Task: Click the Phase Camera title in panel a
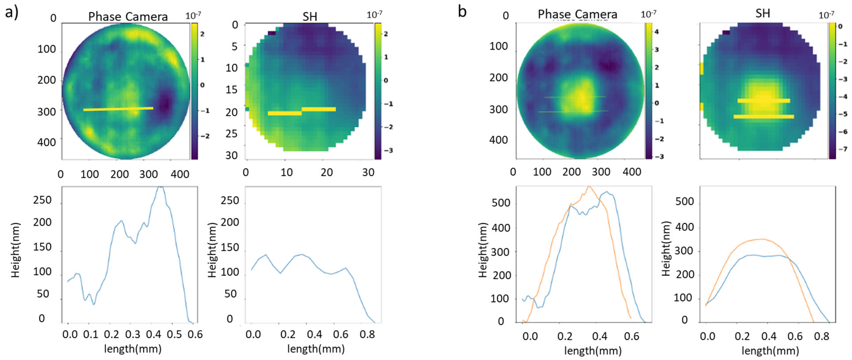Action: coord(128,17)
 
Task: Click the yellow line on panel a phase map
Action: coord(118,109)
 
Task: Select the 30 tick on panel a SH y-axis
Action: coord(232,155)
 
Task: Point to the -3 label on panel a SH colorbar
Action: coord(388,150)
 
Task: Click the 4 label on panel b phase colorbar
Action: coord(657,32)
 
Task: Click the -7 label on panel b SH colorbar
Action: coord(842,149)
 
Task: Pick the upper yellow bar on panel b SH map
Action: coord(764,101)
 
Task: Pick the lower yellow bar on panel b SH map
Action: coord(764,116)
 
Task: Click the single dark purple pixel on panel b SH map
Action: coord(726,32)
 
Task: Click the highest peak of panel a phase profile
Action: coord(160,188)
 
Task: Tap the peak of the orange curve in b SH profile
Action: coord(762,239)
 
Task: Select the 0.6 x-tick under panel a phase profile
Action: coord(195,335)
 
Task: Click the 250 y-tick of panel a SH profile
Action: coord(230,201)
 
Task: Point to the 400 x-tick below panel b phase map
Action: coord(632,172)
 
